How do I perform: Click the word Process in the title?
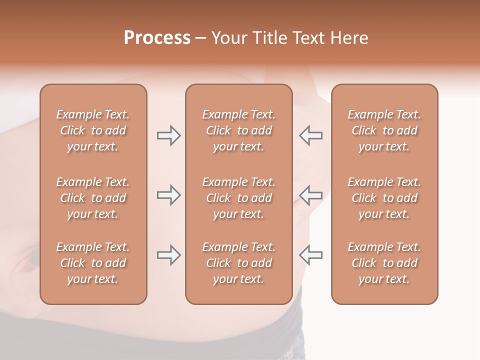point(157,38)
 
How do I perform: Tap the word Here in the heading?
point(349,38)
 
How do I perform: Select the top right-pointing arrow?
point(169,135)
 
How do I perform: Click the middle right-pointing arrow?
point(169,195)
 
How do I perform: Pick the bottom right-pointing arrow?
point(169,255)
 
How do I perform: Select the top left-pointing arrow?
point(310,135)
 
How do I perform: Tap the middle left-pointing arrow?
point(310,195)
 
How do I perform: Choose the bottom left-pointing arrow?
point(310,255)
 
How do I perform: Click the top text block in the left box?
point(93,130)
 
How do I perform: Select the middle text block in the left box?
point(93,198)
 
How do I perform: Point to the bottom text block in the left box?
point(93,263)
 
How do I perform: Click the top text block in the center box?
point(238,130)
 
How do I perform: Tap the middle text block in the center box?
point(238,198)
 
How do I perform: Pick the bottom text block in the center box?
point(238,263)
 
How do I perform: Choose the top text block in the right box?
point(384,130)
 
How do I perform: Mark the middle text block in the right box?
point(384,198)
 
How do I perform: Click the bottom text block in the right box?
point(384,263)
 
